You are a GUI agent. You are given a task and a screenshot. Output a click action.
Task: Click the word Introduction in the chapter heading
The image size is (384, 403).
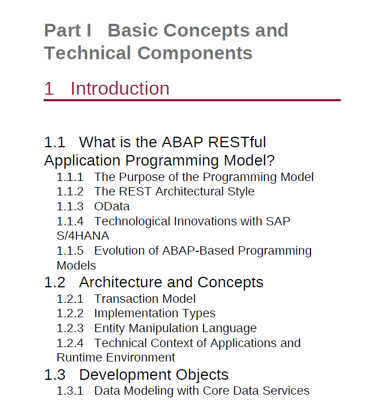[120, 89]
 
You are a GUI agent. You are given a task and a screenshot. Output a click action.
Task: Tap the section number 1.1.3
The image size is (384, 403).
[70, 206]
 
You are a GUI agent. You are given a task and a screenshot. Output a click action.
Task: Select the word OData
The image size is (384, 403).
[112, 206]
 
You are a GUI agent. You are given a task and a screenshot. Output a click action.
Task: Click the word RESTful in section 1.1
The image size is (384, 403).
[237, 142]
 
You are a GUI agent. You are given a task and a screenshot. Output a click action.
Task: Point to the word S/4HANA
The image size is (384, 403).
[83, 236]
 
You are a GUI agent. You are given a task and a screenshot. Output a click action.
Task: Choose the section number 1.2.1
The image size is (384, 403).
[70, 299]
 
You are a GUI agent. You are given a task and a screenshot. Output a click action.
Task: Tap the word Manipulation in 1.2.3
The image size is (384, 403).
[163, 328]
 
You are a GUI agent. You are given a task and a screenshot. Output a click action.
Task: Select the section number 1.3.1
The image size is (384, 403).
[70, 391]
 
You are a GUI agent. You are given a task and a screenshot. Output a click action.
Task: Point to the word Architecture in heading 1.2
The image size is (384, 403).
[121, 282]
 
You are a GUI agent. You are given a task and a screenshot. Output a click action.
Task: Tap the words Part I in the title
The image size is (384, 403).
[68, 30]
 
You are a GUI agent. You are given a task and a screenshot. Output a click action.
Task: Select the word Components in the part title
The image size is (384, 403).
[195, 53]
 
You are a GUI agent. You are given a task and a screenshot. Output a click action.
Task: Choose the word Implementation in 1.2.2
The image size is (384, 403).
[136, 313]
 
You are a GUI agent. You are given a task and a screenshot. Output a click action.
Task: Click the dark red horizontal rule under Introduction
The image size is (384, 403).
[192, 100]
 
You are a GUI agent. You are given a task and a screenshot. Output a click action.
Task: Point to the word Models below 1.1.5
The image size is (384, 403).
[76, 266]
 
